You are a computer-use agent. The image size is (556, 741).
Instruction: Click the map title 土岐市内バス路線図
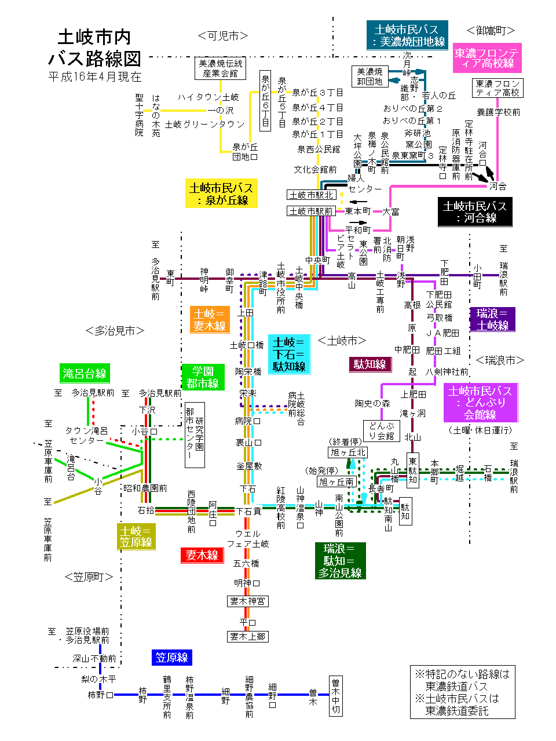(94, 48)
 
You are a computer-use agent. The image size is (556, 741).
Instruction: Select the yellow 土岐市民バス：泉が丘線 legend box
(221, 194)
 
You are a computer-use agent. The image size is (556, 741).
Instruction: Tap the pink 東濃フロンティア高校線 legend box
(487, 58)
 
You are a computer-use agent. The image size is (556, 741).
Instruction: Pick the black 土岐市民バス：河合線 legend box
(475, 211)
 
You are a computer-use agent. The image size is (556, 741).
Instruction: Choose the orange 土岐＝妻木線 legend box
(209, 320)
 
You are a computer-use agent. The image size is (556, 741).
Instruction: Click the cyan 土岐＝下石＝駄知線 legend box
(289, 354)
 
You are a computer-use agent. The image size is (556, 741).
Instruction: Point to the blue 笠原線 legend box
(171, 657)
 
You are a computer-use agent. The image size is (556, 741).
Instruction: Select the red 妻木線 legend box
(202, 555)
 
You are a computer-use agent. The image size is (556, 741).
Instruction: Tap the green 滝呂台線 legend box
(85, 373)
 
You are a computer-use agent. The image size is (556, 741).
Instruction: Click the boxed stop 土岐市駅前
(311, 211)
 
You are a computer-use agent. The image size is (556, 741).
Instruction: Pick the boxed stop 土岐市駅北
(311, 195)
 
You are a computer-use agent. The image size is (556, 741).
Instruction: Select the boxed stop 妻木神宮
(247, 601)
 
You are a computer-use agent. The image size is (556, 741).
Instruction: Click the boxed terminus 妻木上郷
(247, 636)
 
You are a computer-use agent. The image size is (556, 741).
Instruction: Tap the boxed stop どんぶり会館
(382, 430)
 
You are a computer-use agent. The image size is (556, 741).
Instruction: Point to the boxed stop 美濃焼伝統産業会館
(220, 68)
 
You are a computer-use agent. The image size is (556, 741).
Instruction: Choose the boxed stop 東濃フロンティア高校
(498, 88)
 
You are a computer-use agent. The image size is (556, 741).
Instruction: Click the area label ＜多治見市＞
(115, 331)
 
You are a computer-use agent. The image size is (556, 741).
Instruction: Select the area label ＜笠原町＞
(89, 577)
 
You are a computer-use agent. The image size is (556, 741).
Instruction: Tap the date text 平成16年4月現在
(94, 76)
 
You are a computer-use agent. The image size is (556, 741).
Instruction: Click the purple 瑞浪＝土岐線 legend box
(492, 319)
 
